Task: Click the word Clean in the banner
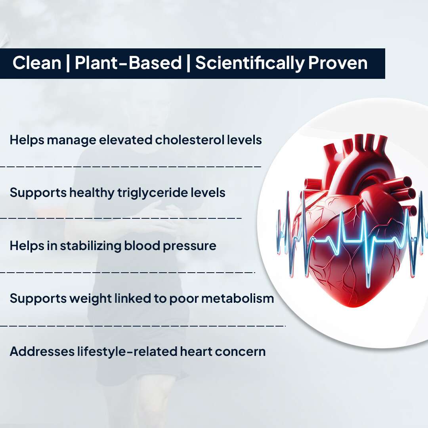(36, 63)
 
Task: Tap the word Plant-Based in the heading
(128, 63)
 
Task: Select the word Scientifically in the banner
(249, 63)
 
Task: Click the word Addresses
(39, 352)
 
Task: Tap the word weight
(90, 298)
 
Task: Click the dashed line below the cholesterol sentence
(131, 166)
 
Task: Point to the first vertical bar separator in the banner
(68, 63)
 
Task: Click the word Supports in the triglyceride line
(38, 193)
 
